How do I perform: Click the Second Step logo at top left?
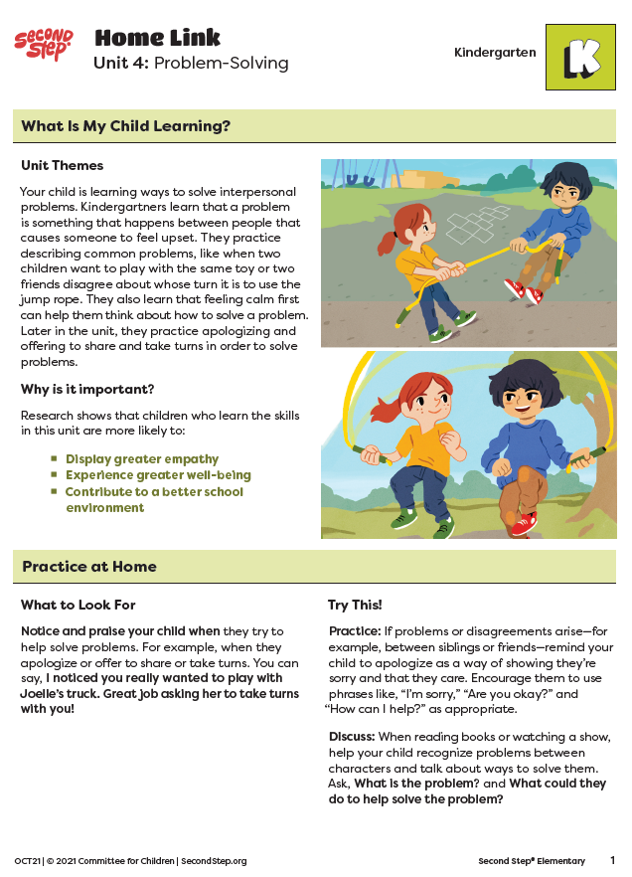(44, 44)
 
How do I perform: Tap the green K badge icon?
(580, 58)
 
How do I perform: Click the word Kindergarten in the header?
(495, 53)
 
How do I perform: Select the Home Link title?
(157, 39)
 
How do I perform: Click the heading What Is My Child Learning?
(126, 126)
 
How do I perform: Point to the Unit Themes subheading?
(62, 165)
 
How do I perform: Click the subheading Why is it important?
(87, 389)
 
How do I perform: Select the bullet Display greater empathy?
(142, 459)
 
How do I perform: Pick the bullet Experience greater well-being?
(158, 475)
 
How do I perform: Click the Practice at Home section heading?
(89, 567)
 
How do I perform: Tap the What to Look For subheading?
(79, 605)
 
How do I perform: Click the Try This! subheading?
(355, 605)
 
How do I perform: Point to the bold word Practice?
(353, 631)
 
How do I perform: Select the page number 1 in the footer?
(612, 860)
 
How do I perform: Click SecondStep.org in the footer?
(214, 861)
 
